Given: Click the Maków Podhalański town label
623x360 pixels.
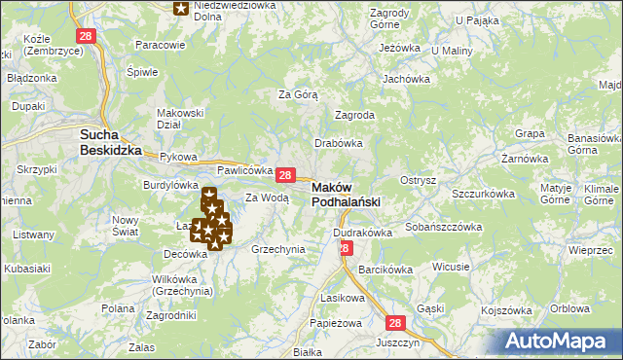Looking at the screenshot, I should (x=346, y=195).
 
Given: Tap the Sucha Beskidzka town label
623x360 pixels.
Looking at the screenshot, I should (x=111, y=143).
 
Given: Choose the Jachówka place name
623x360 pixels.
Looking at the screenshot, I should (x=407, y=79).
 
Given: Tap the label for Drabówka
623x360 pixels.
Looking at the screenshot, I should (x=339, y=142).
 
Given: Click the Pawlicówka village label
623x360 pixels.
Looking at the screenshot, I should (x=243, y=169).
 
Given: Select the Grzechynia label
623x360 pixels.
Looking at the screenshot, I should (x=278, y=249).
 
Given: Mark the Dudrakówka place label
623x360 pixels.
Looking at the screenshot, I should (x=362, y=233).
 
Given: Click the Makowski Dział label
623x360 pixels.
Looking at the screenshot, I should (x=180, y=118).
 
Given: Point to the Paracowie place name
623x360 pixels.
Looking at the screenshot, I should (x=161, y=45).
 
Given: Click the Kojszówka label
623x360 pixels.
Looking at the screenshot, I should (x=510, y=309).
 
